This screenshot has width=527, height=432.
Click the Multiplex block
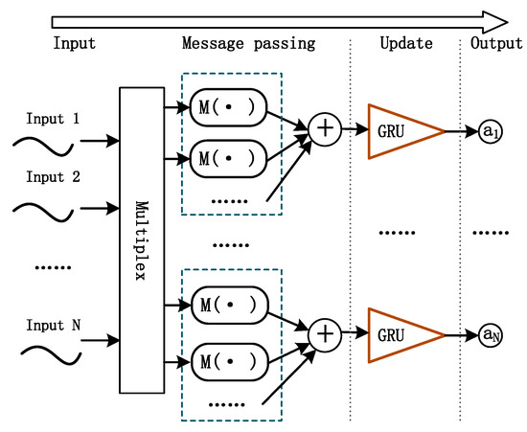pos(141,239)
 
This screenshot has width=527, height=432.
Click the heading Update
pos(406,44)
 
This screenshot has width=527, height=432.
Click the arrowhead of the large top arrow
pos(495,19)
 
